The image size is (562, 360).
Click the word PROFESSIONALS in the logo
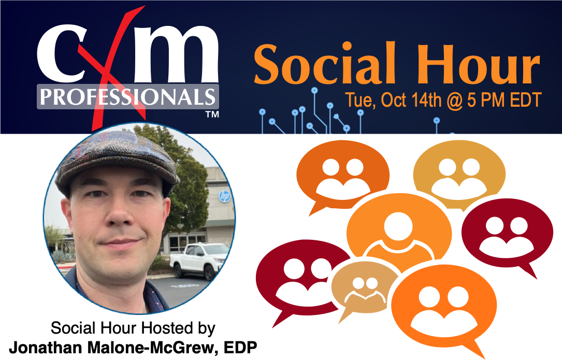127,97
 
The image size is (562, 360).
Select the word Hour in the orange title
485,67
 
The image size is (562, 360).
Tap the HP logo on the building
224,196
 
